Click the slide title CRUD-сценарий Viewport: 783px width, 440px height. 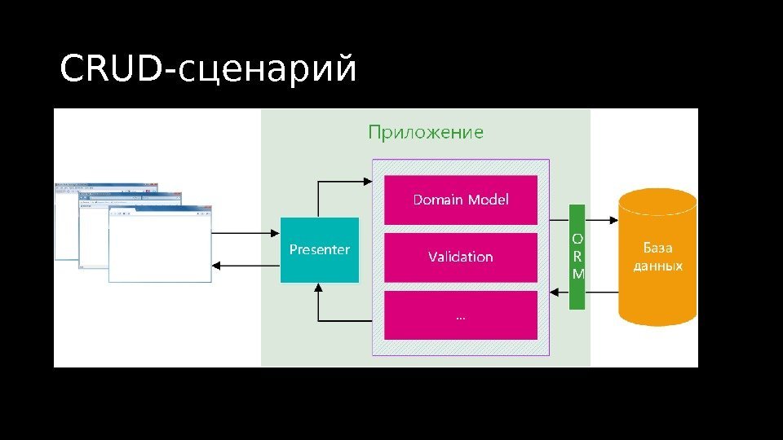209,69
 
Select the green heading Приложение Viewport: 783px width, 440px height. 425,132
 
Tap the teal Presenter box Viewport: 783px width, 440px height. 319,250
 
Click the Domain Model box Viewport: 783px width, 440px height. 460,200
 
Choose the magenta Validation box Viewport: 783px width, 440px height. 460,257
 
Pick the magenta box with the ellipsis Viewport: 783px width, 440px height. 460,315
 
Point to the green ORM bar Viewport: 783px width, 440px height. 577,257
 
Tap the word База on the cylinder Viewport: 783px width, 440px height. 657,248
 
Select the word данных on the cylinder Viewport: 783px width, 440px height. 657,266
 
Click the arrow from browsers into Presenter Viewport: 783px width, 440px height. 245,233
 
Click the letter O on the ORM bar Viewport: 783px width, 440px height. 577,239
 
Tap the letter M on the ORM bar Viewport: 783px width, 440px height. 577,274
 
